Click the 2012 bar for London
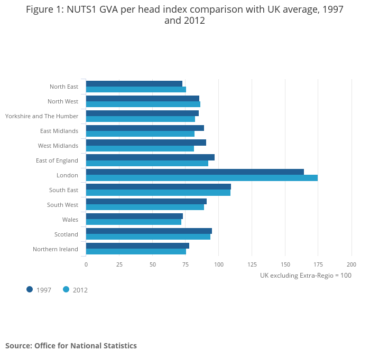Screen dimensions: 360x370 pos(202,178)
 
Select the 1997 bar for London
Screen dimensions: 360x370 pos(195,172)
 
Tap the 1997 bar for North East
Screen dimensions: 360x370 pos(134,83)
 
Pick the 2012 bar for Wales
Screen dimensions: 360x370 pos(134,222)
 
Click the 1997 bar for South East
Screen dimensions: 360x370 pos(159,186)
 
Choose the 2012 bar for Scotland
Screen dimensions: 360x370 pos(148,236)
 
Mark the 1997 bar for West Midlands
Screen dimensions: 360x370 pos(146,143)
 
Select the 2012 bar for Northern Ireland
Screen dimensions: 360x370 pos(136,251)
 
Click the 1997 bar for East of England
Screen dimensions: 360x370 pos(150,157)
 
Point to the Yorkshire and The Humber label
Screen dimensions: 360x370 pos(42,116)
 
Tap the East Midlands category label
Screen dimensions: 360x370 pos(59,131)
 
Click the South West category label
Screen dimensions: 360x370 pos(62,205)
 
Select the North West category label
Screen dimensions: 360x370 pos(63,101)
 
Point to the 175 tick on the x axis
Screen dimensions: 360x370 pos(318,264)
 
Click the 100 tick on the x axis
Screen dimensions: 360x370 pos(219,264)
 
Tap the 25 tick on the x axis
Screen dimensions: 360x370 pos(119,264)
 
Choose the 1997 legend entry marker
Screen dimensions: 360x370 pos(30,289)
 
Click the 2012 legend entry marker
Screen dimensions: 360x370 pos(66,289)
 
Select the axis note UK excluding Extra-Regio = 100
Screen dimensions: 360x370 pos(306,276)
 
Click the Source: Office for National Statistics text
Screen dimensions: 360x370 pos(71,346)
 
